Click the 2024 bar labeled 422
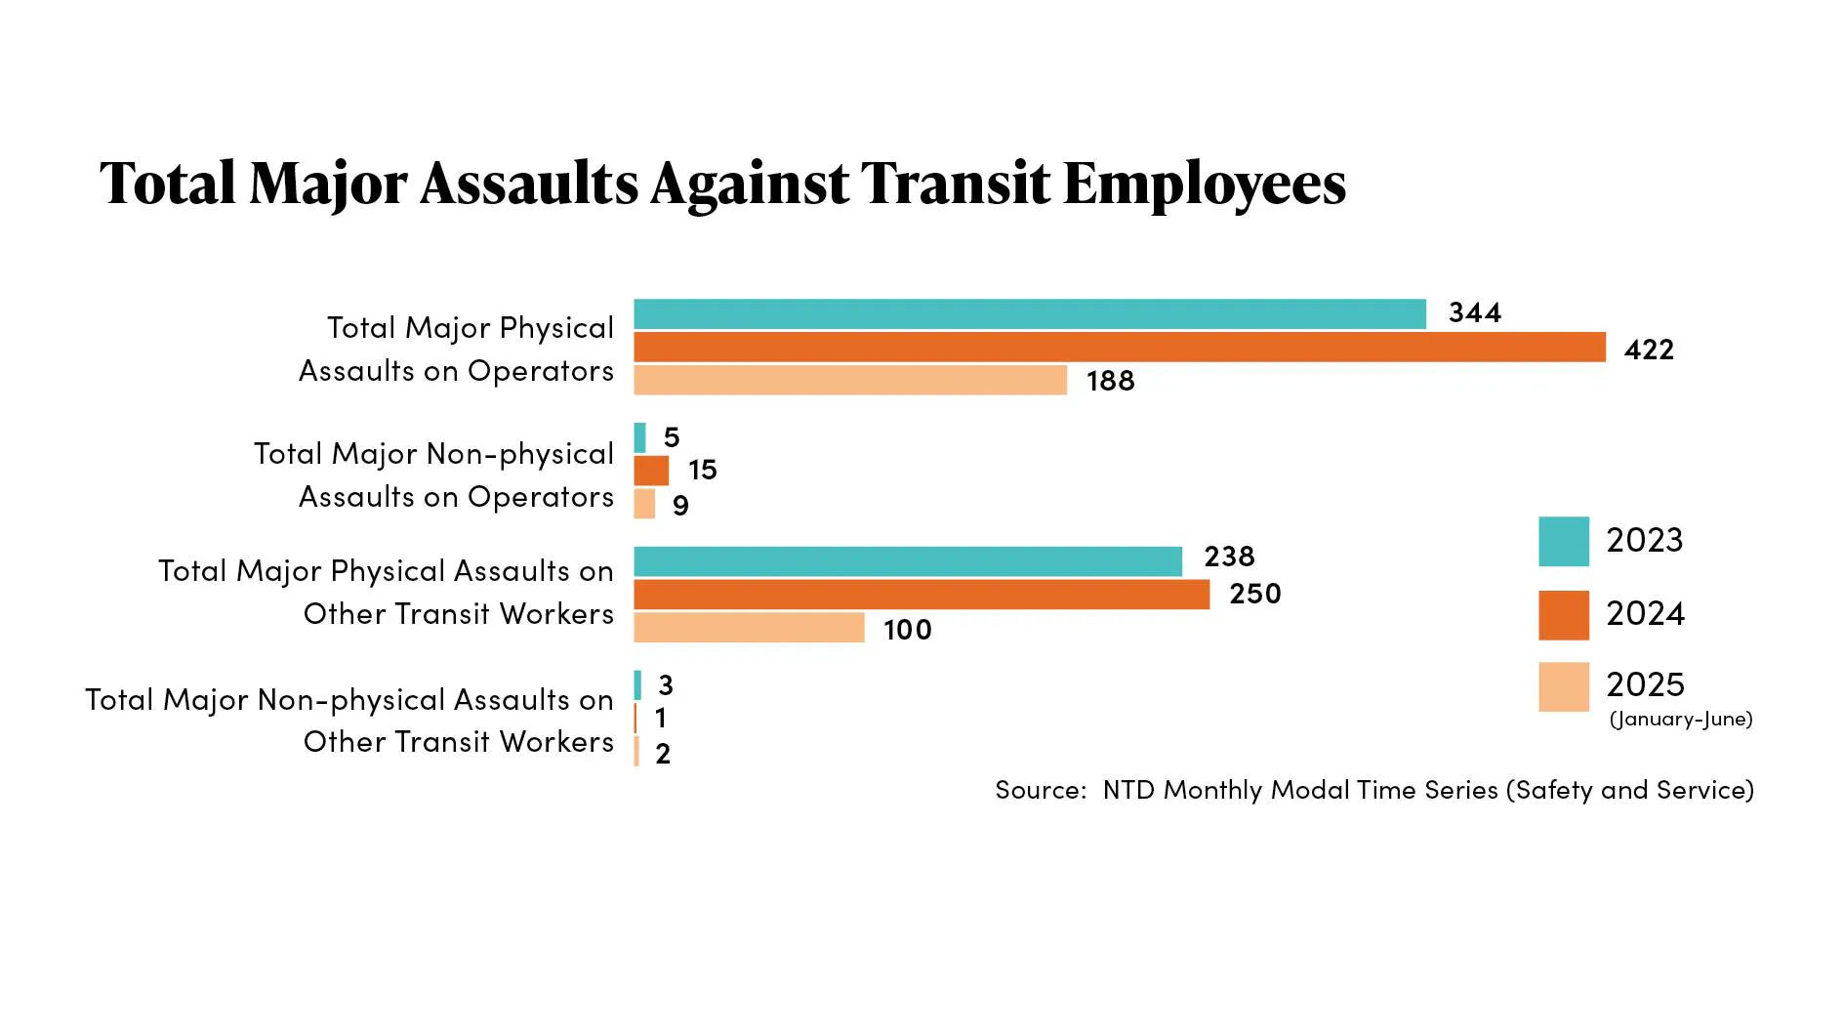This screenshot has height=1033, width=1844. pos(1119,347)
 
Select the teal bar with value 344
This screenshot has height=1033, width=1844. pos(1029,314)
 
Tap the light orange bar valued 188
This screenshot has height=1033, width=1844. pos(849,380)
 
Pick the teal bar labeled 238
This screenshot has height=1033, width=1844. pos(907,561)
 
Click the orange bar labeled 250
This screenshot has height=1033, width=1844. pos(921,595)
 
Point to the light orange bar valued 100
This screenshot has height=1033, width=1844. pos(749,628)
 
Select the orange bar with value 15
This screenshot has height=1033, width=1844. pos(651,471)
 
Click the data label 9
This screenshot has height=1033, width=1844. pos(680,506)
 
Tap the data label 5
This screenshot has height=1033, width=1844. pos(672,437)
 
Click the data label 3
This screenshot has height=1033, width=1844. pos(666,685)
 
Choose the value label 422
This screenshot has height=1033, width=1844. pos(1649,350)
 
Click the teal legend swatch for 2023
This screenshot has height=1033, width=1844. pos(1563,541)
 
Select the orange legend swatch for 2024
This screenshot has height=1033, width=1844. pos(1563,615)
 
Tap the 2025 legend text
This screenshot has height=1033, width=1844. pos(1645,684)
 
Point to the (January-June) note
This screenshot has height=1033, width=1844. pos(1680,720)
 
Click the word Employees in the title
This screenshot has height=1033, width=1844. pos(1205,184)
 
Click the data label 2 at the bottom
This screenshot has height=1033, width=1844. pos(663,754)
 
